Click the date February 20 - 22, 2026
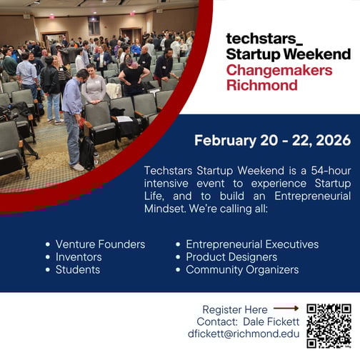(x=272, y=141)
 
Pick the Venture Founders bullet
(x=100, y=244)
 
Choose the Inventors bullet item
(x=79, y=257)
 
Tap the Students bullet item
(x=78, y=270)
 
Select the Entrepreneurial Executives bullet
(x=252, y=244)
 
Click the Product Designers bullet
(x=231, y=257)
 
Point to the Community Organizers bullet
(x=242, y=270)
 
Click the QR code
(x=329, y=325)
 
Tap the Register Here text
(x=235, y=310)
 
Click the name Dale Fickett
(x=273, y=321)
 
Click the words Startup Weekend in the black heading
(x=288, y=54)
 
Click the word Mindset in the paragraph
(x=165, y=210)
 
